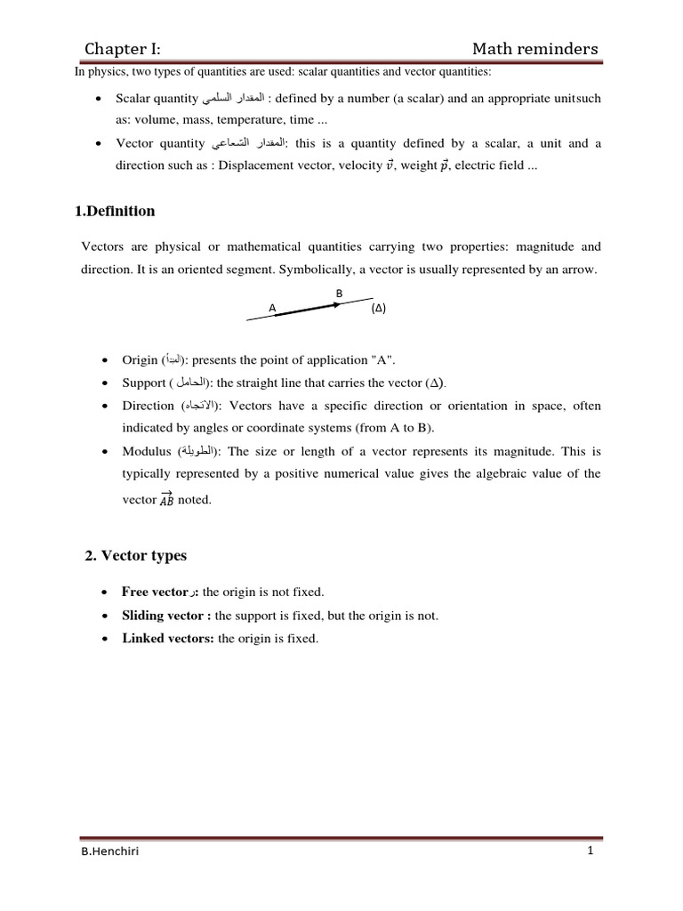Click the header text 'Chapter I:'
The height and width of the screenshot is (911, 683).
[x=123, y=48]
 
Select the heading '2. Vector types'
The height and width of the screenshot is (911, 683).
[x=135, y=555]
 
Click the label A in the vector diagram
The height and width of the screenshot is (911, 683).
[x=273, y=308]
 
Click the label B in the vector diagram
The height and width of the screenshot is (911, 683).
[x=338, y=293]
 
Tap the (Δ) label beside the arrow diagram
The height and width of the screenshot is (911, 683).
[x=379, y=309]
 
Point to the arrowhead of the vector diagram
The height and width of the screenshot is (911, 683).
[x=335, y=304]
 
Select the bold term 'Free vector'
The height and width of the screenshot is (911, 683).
[x=154, y=592]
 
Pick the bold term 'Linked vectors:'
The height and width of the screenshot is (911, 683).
[x=168, y=638]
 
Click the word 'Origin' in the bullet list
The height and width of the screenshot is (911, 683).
[x=140, y=359]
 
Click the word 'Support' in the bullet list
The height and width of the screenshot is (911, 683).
[x=144, y=383]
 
